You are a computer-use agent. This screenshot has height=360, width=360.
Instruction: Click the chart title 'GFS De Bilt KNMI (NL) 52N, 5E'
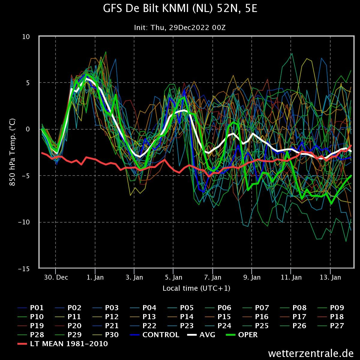tap(180, 8)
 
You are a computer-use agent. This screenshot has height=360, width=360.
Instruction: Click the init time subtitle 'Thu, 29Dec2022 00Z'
tap(188, 28)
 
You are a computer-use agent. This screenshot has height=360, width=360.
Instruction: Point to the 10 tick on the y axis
tap(26, 37)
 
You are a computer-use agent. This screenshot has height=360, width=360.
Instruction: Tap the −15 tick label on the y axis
tap(24, 269)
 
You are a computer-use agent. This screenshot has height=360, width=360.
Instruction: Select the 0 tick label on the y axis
tap(28, 129)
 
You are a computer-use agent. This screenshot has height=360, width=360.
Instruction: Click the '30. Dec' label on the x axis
tap(56, 277)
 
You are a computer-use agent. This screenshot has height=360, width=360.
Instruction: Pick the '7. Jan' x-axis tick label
tap(213, 277)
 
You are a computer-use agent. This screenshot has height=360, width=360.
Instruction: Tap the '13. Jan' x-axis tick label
tap(330, 277)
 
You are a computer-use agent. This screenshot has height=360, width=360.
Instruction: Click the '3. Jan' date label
tap(134, 277)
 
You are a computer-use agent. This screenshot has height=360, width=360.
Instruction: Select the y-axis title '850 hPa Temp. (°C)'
tap(12, 152)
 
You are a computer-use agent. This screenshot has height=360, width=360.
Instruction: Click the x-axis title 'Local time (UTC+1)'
tap(196, 288)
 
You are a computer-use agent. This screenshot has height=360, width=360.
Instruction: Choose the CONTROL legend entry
tap(155, 334)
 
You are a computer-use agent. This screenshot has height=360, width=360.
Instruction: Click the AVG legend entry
tap(201, 334)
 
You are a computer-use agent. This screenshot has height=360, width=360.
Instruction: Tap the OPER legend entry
tap(242, 334)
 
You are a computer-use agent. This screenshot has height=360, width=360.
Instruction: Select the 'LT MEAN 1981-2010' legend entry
tap(63, 343)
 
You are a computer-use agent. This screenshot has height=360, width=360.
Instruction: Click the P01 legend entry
tap(31, 308)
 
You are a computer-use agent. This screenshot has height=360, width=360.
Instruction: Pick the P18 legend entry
tap(331, 317)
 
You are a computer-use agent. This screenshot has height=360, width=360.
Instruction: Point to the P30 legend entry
tap(106, 334)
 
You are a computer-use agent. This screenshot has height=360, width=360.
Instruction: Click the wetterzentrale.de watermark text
tap(311, 353)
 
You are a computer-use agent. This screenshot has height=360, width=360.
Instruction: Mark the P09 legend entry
tap(331, 308)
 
